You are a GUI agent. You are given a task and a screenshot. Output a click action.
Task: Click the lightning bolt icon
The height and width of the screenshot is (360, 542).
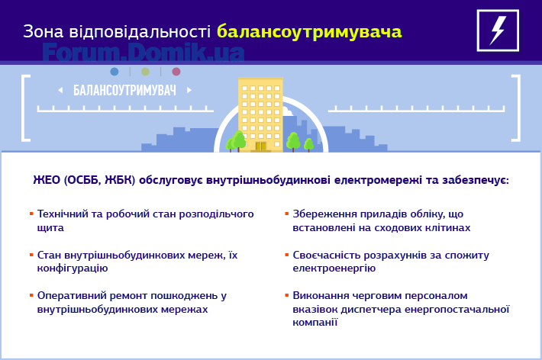[x=498, y=31]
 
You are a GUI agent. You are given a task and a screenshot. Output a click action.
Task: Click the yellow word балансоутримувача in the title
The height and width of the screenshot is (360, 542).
[x=309, y=32]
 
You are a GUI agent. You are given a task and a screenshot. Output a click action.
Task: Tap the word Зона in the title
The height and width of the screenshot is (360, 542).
[x=44, y=31]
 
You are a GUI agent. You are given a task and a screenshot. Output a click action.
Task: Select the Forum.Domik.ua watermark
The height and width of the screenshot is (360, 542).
[x=144, y=52]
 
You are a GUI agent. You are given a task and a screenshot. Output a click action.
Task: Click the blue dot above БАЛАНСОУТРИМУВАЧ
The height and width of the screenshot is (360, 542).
[x=115, y=72]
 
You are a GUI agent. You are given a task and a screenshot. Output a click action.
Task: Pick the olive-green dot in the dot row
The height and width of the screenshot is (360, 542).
[x=146, y=72]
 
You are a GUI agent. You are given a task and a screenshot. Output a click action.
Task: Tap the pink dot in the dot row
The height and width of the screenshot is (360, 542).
[x=176, y=72]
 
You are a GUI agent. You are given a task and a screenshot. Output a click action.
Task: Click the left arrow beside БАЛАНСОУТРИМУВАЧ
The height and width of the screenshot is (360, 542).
[x=60, y=90]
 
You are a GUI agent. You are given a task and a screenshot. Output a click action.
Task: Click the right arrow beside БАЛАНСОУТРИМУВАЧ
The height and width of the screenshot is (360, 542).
[x=189, y=90]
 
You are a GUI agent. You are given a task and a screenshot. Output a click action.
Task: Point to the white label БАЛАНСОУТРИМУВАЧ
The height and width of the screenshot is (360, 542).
[x=124, y=90]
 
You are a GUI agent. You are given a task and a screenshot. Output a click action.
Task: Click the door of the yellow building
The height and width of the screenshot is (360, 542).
[x=260, y=146]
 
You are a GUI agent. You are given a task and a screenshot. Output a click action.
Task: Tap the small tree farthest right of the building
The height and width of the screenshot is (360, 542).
[x=308, y=145]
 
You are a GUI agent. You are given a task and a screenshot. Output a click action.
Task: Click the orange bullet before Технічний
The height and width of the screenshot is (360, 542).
[x=31, y=214]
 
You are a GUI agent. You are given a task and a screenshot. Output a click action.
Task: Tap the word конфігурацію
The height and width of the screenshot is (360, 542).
[x=73, y=268]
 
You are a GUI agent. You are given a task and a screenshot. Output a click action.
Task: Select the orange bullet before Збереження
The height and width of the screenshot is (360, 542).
[x=286, y=214]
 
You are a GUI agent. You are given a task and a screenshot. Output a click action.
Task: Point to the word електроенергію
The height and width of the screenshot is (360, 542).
[x=334, y=268]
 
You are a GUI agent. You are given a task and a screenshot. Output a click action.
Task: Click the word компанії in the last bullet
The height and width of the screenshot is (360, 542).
[x=315, y=323]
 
